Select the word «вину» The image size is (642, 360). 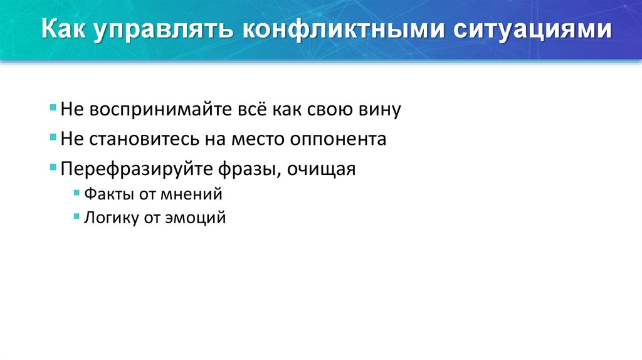376,110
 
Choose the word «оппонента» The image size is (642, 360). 338,139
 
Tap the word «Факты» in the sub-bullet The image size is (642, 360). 103,194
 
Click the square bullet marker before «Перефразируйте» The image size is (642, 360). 54,168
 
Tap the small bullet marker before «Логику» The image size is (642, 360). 76,217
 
